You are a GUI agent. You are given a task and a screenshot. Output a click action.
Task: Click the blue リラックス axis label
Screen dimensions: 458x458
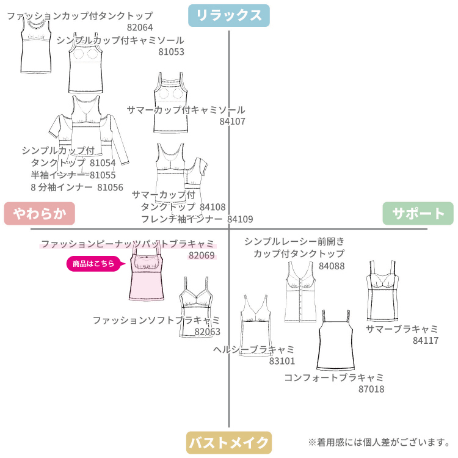[228, 15]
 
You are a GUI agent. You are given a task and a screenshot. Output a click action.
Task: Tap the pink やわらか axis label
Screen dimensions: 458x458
[39, 213]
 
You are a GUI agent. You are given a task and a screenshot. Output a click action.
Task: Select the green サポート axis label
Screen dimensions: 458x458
[418, 213]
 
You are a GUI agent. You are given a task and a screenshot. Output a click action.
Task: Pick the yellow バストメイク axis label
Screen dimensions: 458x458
[228, 442]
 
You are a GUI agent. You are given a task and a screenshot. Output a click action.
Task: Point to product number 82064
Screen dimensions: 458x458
[140, 27]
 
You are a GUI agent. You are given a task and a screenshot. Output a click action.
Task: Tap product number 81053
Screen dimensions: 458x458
[171, 52]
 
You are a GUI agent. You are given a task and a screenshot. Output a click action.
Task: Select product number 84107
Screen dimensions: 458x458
[232, 122]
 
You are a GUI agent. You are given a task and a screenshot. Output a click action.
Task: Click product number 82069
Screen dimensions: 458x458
[202, 255]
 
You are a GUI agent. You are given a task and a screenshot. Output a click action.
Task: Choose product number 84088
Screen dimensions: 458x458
[332, 266]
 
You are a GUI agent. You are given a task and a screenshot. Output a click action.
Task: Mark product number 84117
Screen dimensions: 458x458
[426, 341]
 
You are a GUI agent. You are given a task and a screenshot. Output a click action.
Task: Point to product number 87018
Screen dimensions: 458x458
[371, 388]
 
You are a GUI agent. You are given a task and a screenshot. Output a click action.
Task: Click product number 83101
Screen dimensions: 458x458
[282, 361]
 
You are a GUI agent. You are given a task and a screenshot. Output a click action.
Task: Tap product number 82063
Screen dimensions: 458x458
[208, 332]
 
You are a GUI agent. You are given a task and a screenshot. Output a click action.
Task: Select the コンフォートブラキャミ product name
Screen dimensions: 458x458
[333, 377]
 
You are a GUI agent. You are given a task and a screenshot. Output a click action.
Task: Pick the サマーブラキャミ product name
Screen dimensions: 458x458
[402, 329]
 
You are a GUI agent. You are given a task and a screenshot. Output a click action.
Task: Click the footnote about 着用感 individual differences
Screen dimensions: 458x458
[379, 442]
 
